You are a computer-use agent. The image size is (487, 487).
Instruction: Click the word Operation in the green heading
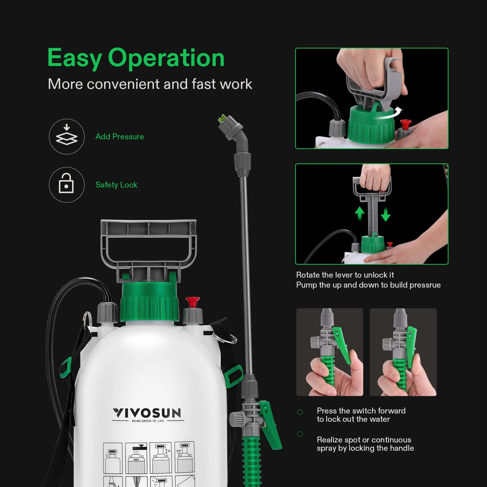(x=166, y=58)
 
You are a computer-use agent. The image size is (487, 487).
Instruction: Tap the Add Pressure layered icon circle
(x=67, y=136)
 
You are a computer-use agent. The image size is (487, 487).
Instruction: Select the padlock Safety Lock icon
(x=66, y=184)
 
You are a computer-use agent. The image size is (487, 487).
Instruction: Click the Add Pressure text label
(x=119, y=137)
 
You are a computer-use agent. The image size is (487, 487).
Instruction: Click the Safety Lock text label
(x=116, y=185)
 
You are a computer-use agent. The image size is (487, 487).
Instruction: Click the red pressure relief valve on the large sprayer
(x=193, y=302)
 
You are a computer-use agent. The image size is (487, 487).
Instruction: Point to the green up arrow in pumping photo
(x=359, y=214)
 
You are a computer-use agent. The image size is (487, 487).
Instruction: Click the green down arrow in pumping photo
(x=386, y=215)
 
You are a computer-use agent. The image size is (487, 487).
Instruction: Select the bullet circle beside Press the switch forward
(x=300, y=412)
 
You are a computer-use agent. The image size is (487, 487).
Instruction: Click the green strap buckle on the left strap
(x=66, y=367)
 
